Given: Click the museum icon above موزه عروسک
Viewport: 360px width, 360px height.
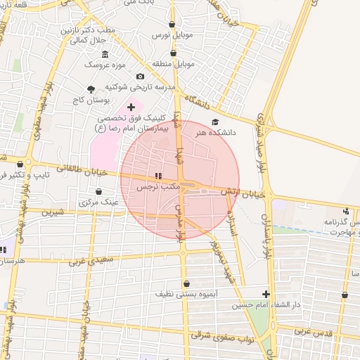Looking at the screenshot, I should coord(105,55).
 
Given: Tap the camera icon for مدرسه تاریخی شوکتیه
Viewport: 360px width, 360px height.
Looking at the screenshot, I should coord(140,76).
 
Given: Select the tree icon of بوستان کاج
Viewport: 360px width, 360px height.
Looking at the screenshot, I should coord(91,89).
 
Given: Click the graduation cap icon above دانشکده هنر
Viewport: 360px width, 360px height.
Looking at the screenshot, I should coord(214,122).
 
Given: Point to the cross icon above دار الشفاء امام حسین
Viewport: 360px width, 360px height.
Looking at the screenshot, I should coord(266,294).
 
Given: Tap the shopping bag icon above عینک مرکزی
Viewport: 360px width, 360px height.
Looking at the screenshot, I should coord(98,191).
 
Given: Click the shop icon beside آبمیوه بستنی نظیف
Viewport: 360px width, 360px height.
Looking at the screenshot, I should coord(186,285).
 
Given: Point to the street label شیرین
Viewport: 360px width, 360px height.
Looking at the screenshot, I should coord(53,211).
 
